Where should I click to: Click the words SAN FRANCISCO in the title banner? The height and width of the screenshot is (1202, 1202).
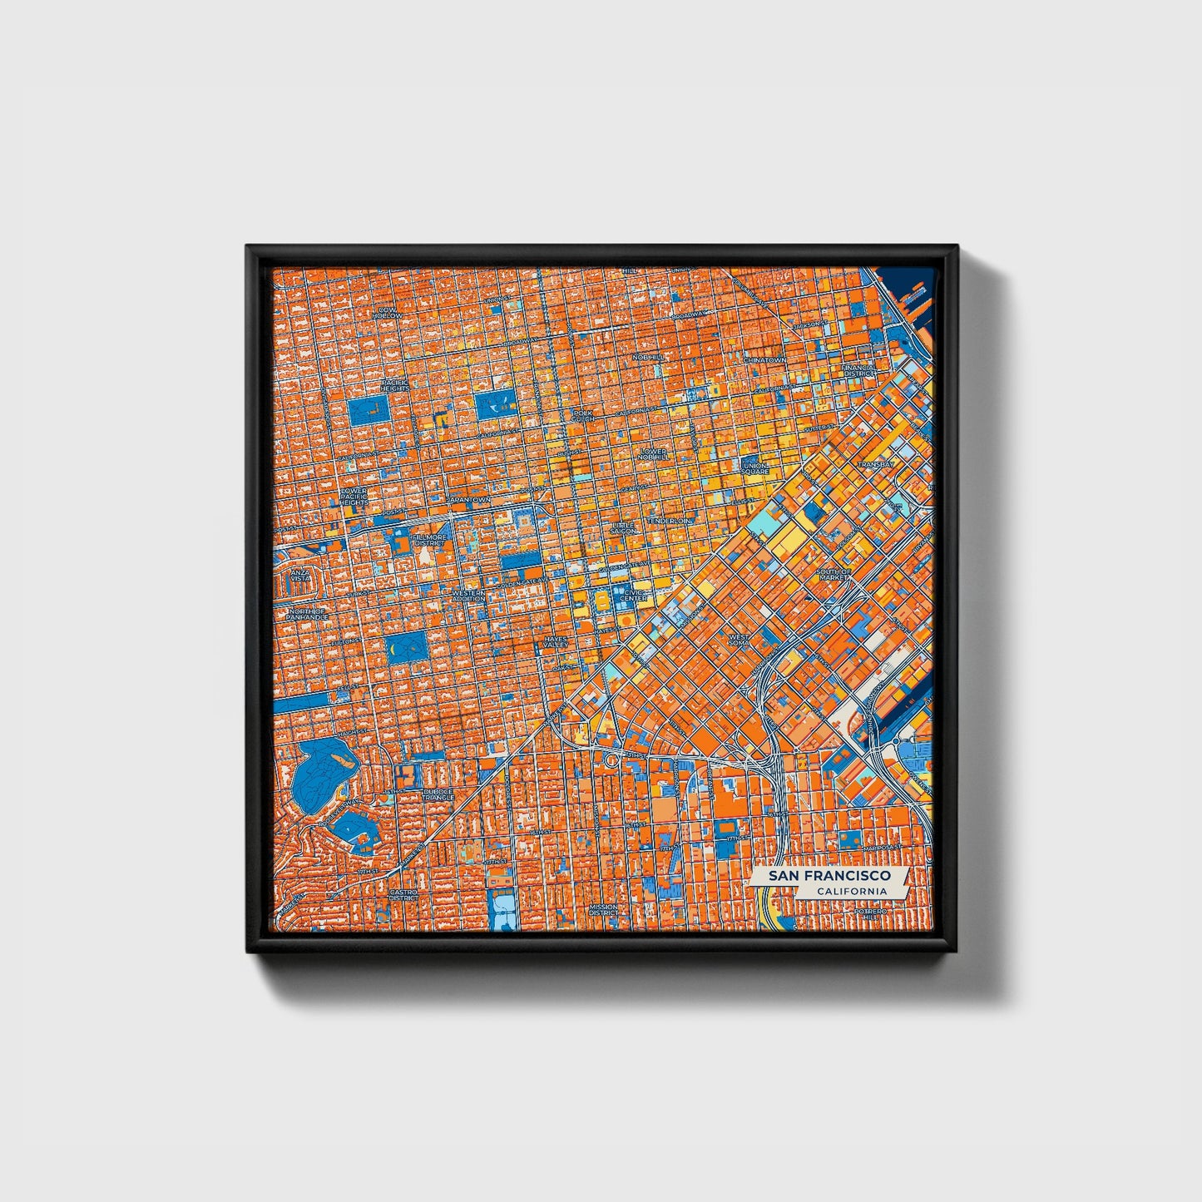click(829, 876)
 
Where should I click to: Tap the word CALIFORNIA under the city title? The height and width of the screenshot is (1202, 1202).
click(850, 892)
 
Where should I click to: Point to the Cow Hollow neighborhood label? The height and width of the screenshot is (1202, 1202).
click(387, 313)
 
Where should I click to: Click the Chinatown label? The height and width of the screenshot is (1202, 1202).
click(764, 359)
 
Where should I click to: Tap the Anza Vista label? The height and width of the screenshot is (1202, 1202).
click(297, 576)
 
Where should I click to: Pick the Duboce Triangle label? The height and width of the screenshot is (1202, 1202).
click(438, 794)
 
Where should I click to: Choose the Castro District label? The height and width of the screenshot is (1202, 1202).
click(403, 895)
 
